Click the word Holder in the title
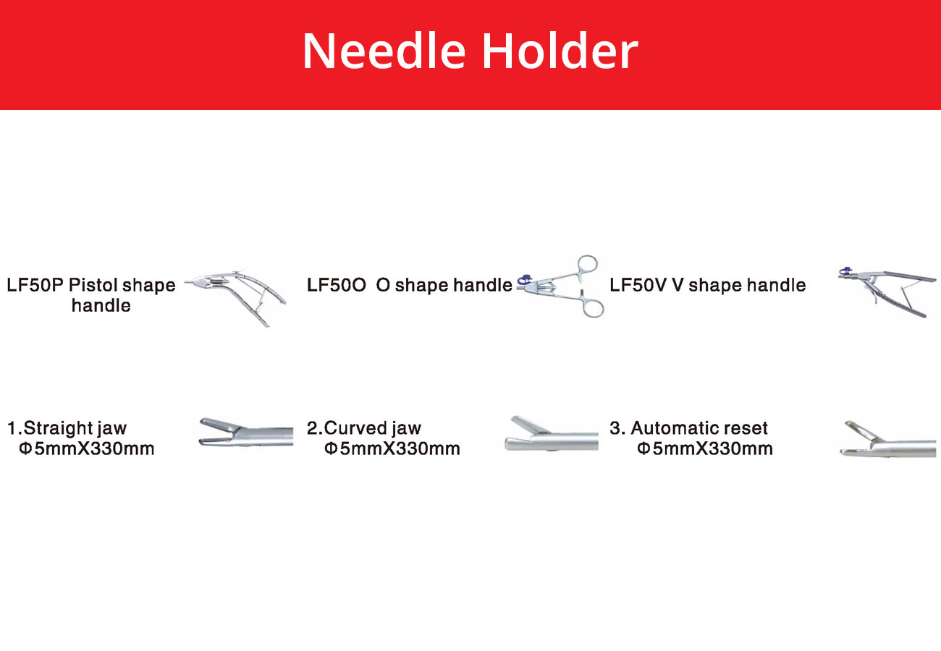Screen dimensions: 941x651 click(x=560, y=51)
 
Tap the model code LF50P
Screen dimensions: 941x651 click(x=35, y=285)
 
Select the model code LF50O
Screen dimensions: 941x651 click(x=337, y=285)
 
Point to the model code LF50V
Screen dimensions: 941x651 click(x=638, y=285)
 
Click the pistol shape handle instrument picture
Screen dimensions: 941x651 click(x=236, y=297)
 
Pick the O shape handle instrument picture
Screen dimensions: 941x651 click(x=560, y=286)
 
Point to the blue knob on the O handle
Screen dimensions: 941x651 click(x=524, y=279)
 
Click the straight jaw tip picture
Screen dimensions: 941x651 click(x=246, y=433)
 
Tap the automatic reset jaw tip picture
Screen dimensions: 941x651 click(x=887, y=439)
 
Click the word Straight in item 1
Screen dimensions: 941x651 click(x=58, y=428)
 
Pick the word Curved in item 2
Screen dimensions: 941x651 click(x=355, y=428)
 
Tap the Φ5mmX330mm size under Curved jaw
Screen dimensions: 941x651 click(x=392, y=448)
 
